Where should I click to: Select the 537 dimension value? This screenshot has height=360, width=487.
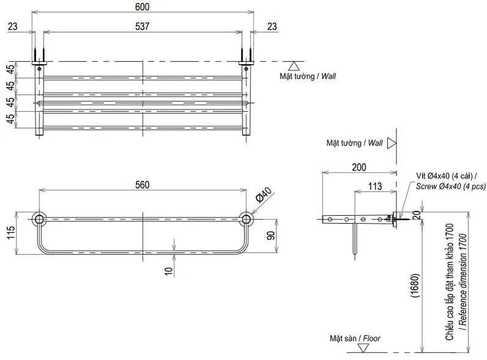point(142,26)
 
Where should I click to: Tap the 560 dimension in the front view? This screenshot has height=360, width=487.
point(142,185)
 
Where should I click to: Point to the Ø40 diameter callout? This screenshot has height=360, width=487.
point(263,196)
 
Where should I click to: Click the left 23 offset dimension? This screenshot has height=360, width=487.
point(13,26)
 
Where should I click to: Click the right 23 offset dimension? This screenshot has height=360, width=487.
point(272,26)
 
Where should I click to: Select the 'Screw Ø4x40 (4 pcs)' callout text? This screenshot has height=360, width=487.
point(450,186)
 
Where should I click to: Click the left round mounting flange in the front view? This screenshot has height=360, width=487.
point(39,219)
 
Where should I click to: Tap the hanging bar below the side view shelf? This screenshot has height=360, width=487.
point(354,238)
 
